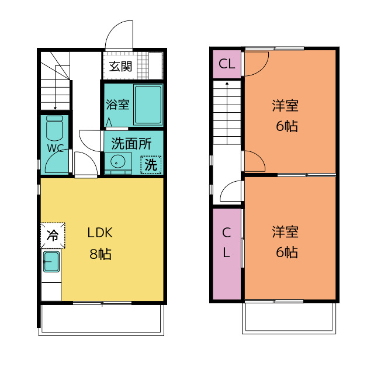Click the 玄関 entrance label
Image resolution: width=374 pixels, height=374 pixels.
pyautogui.click(x=120, y=66)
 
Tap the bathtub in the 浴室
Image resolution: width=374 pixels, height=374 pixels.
pyautogui.click(x=148, y=105)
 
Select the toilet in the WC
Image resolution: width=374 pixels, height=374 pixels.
pyautogui.click(x=54, y=128)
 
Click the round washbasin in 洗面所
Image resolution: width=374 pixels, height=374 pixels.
pyautogui.click(x=118, y=161)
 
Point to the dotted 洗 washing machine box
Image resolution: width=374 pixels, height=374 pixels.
pyautogui.click(x=151, y=165)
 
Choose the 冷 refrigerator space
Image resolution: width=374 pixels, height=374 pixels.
pyautogui.click(x=53, y=235)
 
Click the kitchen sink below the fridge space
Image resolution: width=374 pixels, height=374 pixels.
pyautogui.click(x=51, y=261)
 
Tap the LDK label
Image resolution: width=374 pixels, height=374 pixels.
pyautogui.click(x=100, y=233)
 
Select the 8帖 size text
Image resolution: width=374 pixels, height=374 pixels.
pyautogui.click(x=101, y=254)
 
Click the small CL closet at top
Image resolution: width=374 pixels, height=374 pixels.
pyautogui.click(x=227, y=64)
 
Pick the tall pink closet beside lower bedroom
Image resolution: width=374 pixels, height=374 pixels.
pyautogui.click(x=227, y=254)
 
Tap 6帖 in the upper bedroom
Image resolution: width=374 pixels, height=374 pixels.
pyautogui.click(x=287, y=126)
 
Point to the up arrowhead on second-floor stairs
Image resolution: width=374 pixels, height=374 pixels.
pyautogui.click(x=227, y=84)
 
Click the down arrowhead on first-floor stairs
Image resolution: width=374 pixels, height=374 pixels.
pyautogui.click(x=55, y=108)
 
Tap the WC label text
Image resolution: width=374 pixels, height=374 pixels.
pyautogui.click(x=56, y=148)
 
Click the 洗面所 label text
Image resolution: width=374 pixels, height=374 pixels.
pyautogui.click(x=131, y=144)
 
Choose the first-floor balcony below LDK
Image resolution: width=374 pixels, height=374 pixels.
pyautogui.click(x=101, y=320)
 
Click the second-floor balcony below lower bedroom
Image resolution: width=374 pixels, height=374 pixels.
pyautogui.click(x=289, y=318)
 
